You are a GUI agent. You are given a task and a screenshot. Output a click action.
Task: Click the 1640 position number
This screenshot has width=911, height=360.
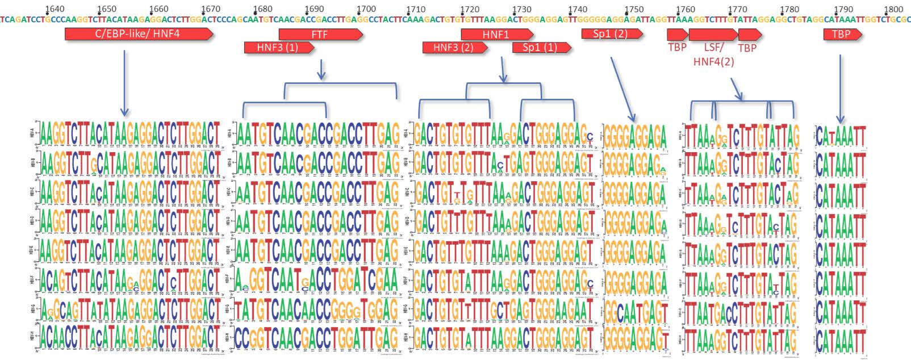click(x=55, y=9)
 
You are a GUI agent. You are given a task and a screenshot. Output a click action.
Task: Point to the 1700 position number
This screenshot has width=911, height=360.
click(x=366, y=9)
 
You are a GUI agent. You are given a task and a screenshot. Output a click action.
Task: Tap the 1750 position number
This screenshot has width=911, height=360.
click(x=634, y=9)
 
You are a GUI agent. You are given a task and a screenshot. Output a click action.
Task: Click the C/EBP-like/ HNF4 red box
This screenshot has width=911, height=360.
click(x=139, y=34)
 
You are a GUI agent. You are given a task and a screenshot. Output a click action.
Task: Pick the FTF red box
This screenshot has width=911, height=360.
click(x=320, y=35)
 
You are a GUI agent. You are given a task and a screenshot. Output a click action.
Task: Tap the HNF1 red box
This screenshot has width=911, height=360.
click(x=496, y=35)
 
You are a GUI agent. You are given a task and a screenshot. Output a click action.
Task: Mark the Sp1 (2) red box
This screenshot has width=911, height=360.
click(x=612, y=34)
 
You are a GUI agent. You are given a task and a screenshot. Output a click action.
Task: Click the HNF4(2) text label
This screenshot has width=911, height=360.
click(x=713, y=61)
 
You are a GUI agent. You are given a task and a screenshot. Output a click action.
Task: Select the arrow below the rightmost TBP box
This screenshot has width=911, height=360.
click(x=839, y=85)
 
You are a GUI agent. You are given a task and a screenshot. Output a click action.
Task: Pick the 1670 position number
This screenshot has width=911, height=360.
click(x=211, y=9)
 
